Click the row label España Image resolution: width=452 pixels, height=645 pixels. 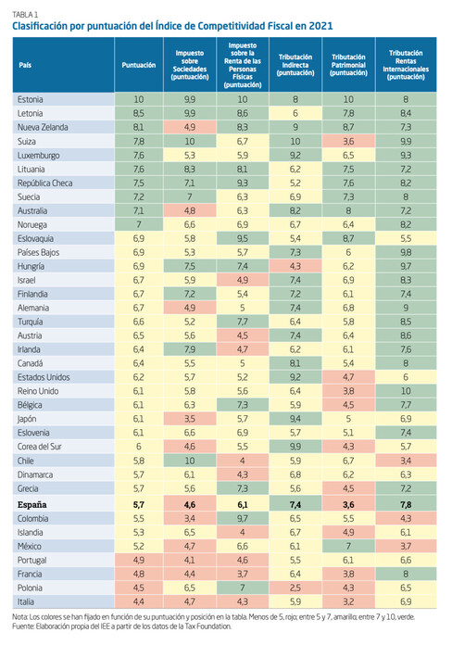pyautogui.click(x=31, y=505)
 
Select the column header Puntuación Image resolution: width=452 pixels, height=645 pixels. pyautogui.click(x=139, y=65)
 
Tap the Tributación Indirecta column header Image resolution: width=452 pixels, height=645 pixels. pyautogui.click(x=295, y=65)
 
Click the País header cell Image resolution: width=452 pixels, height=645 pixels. pyautogui.click(x=25, y=65)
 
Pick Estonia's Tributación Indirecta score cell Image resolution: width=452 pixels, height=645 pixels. pyautogui.click(x=295, y=99)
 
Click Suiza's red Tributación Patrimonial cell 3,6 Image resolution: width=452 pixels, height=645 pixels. pyautogui.click(x=348, y=141)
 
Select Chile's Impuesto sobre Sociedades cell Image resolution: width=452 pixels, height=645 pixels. pyautogui.click(x=190, y=461)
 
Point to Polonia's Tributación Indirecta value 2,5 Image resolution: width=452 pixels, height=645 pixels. pyautogui.click(x=295, y=588)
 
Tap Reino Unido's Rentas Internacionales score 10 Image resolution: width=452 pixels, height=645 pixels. pyautogui.click(x=406, y=391)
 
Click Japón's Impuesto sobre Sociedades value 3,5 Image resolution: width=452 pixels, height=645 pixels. pyautogui.click(x=190, y=419)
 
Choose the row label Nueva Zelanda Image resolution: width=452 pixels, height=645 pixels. pyautogui.click(x=43, y=128)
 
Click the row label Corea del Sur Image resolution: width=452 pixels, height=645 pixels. pyautogui.click(x=39, y=447)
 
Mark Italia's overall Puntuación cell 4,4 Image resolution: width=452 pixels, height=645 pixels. pyautogui.click(x=139, y=601)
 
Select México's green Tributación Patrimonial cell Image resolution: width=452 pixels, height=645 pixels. pyautogui.click(x=348, y=546)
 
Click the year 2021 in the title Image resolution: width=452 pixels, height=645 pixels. pyautogui.click(x=320, y=26)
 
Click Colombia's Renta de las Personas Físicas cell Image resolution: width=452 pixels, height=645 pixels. pyautogui.click(x=243, y=519)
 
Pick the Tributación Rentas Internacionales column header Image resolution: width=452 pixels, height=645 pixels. pyautogui.click(x=406, y=65)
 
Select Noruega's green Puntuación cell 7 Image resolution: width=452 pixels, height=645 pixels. pyautogui.click(x=139, y=224)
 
